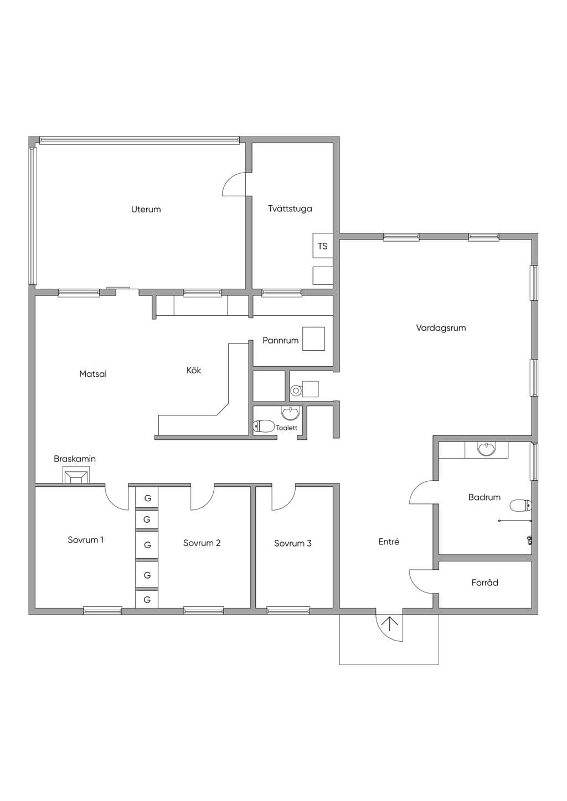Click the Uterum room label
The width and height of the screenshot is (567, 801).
pyautogui.click(x=146, y=210)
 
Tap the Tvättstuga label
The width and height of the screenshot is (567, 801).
pyautogui.click(x=290, y=209)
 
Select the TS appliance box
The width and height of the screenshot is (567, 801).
pyautogui.click(x=323, y=246)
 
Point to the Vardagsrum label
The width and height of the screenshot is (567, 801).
pyautogui.click(x=441, y=328)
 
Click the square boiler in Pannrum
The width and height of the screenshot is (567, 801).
pyautogui.click(x=313, y=339)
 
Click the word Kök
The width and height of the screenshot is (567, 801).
pyautogui.click(x=194, y=370)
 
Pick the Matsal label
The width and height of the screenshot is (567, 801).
pyautogui.click(x=93, y=374)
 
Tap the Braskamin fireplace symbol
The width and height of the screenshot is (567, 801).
pyautogui.click(x=75, y=476)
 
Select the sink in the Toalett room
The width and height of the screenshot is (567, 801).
pyautogui.click(x=290, y=413)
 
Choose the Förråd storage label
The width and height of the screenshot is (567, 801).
pyautogui.click(x=484, y=583)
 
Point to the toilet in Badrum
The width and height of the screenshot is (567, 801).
pyautogui.click(x=520, y=506)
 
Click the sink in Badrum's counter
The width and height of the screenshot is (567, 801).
pyautogui.click(x=486, y=450)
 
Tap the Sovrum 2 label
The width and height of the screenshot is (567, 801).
pyautogui.click(x=202, y=543)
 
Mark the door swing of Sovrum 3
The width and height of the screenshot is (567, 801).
pyautogui.click(x=283, y=497)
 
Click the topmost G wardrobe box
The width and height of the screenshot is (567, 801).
pyautogui.click(x=147, y=497)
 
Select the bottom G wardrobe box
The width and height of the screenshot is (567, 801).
pyautogui.click(x=147, y=600)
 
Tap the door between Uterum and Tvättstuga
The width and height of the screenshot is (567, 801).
pyautogui.click(x=234, y=184)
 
